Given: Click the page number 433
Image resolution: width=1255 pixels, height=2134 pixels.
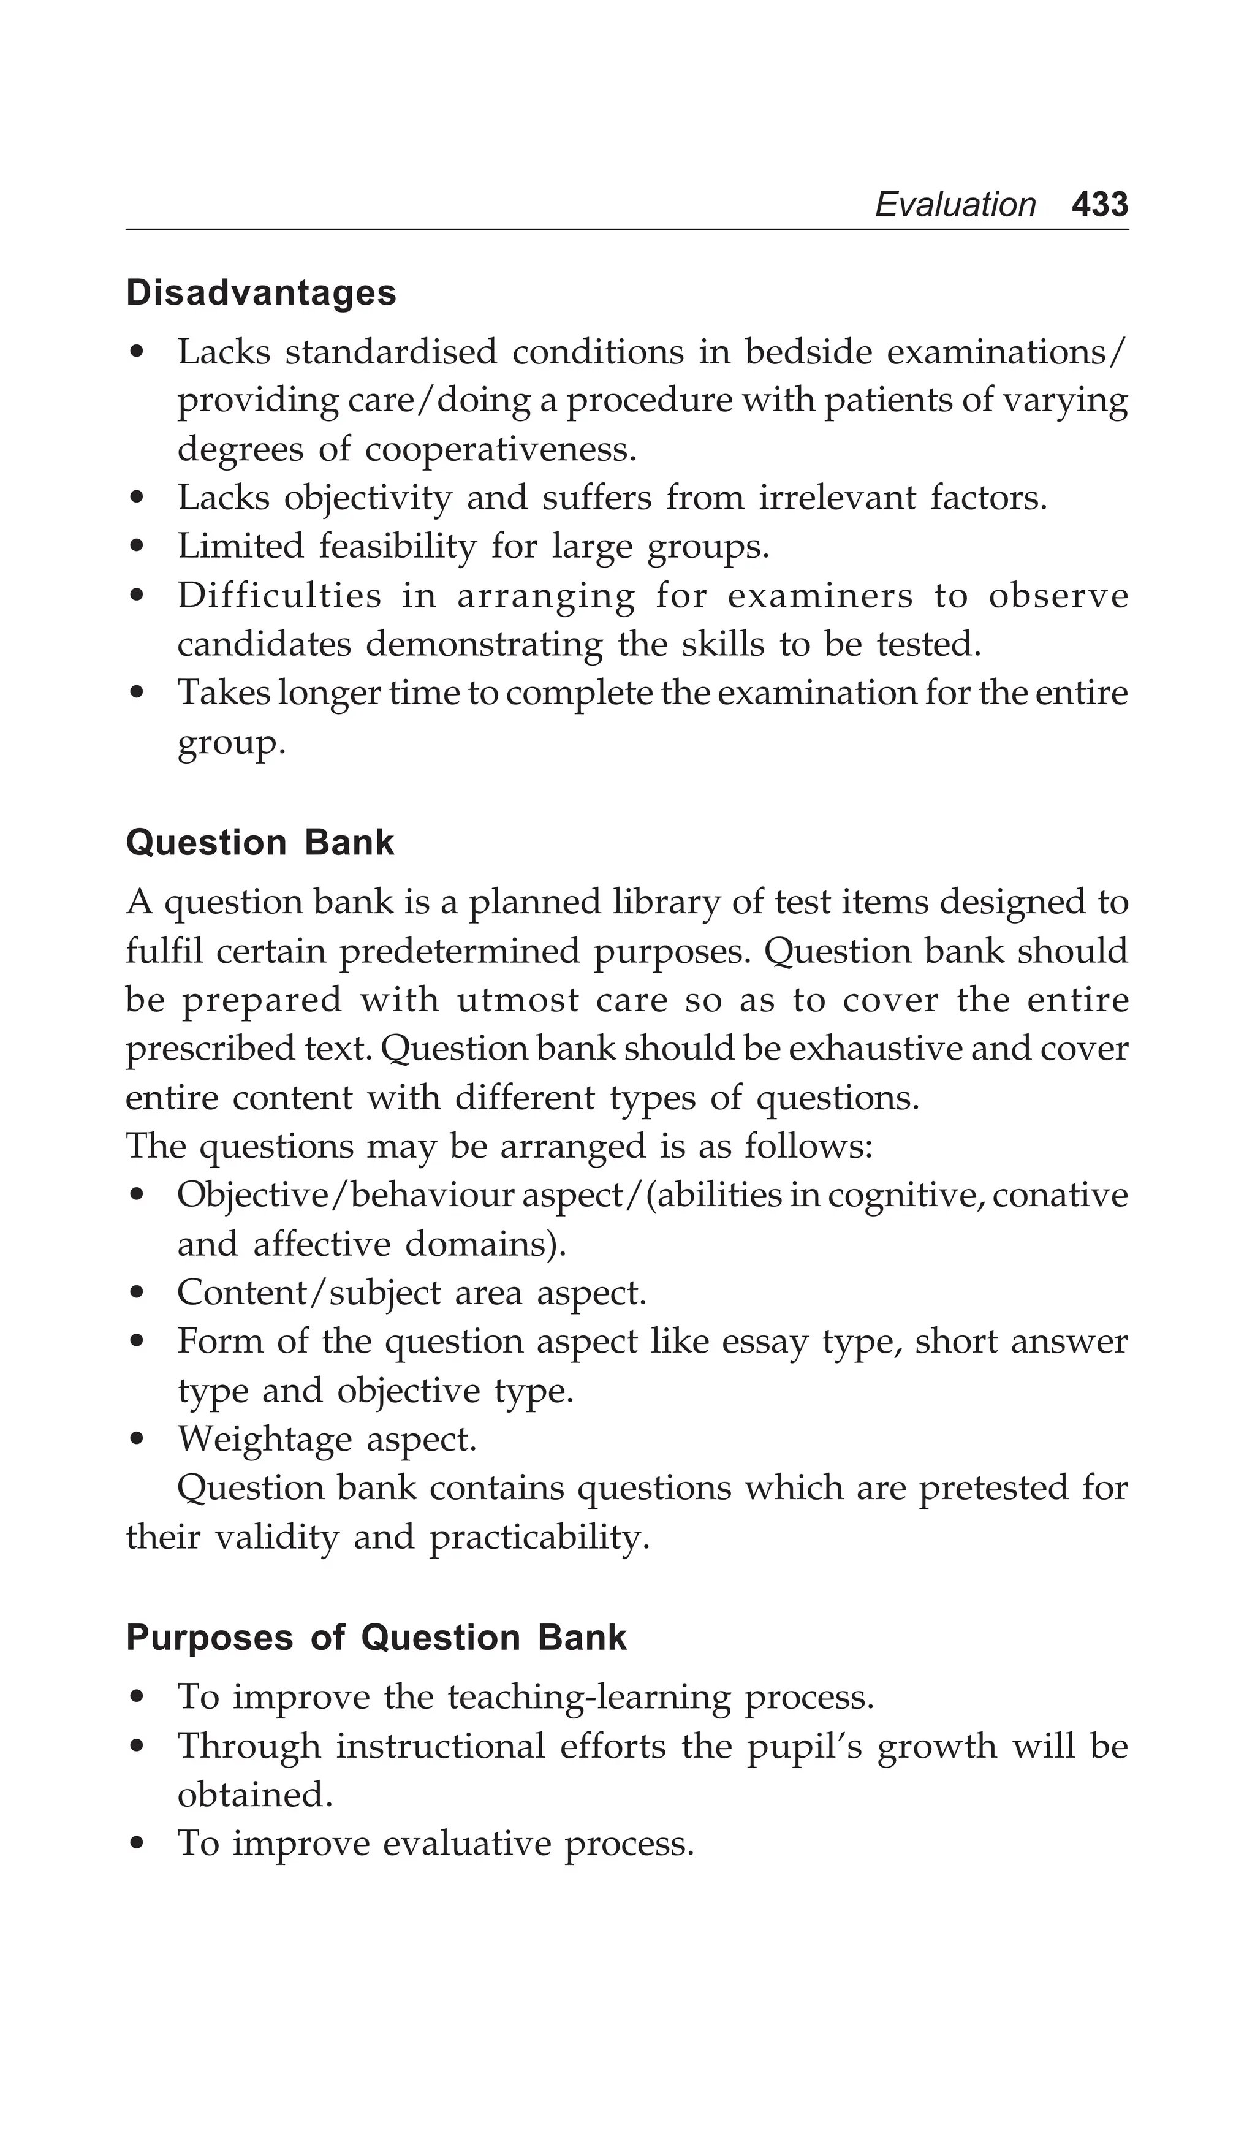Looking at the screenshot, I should click(x=1099, y=205).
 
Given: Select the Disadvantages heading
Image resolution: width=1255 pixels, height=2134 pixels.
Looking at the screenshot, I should click(x=261, y=293).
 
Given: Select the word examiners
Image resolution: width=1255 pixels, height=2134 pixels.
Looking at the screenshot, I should click(x=820, y=596).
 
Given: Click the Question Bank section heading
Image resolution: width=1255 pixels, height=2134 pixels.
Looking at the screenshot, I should click(x=260, y=843).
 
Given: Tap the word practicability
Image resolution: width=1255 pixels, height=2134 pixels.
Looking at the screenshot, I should click(x=539, y=1538).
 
